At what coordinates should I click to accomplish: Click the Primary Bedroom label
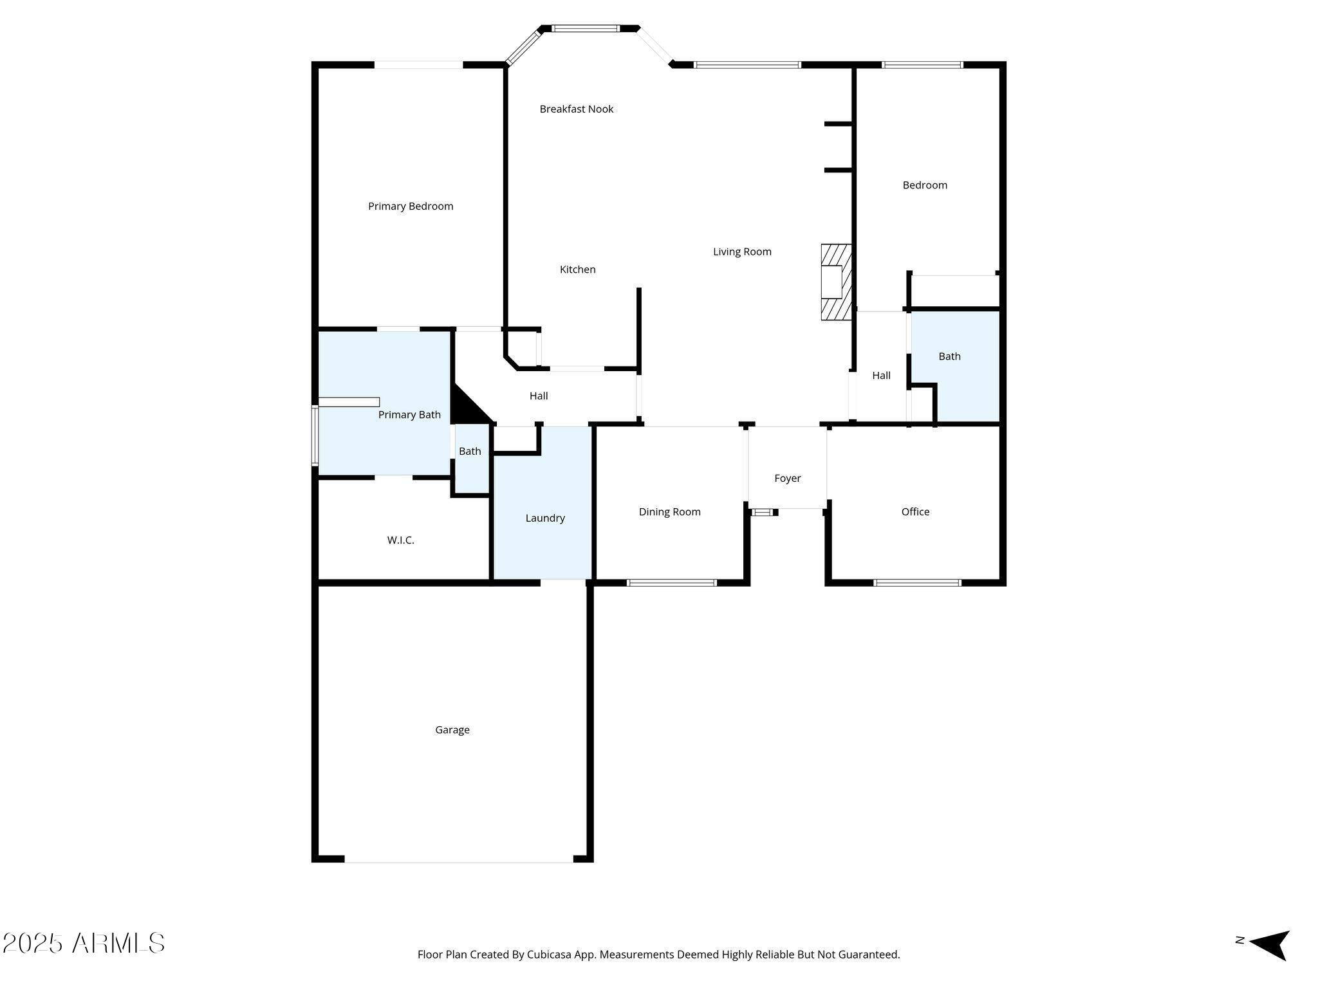coord(411,206)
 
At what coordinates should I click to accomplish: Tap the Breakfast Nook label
coord(576,109)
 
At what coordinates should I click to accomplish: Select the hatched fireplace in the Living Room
coord(836,282)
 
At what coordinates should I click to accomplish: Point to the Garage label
coord(452,730)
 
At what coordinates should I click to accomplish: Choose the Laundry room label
coord(545,518)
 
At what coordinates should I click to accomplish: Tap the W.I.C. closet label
coord(400,540)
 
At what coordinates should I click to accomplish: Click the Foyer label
coord(787,479)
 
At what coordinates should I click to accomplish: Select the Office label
coord(915,512)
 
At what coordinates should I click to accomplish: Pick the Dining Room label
coord(669,512)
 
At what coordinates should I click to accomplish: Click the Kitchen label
coord(577,270)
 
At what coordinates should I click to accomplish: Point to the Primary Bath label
coord(409,415)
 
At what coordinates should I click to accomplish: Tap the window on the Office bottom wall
coord(917,583)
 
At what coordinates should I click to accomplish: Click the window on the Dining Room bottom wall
coord(671,583)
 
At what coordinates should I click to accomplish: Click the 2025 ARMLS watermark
coord(84,944)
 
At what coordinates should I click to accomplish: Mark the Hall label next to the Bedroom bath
coord(881,376)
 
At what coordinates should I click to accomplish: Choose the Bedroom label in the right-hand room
coord(925,185)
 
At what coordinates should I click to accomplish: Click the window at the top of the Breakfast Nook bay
coord(586,28)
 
